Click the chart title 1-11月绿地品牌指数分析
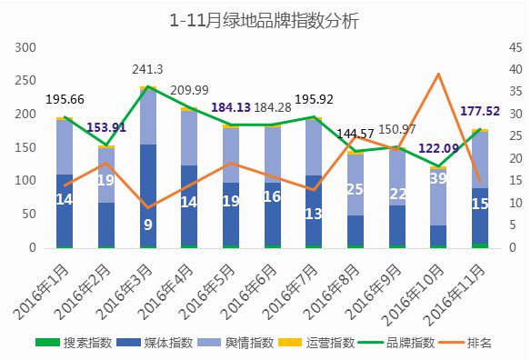click(264, 20)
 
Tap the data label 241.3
click(147, 69)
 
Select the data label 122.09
click(438, 148)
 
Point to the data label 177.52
click(480, 111)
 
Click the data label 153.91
click(106, 127)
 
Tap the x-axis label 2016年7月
click(291, 292)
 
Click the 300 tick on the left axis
click(25, 48)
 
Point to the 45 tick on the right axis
click(516, 48)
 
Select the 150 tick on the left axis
click(25, 147)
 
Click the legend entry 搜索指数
click(74, 343)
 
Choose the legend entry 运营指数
click(316, 343)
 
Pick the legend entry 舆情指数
click(235, 343)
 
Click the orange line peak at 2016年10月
click(438, 74)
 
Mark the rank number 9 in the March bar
click(148, 225)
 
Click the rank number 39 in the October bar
click(438, 178)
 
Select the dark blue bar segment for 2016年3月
click(148, 195)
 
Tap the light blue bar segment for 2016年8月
click(356, 185)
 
